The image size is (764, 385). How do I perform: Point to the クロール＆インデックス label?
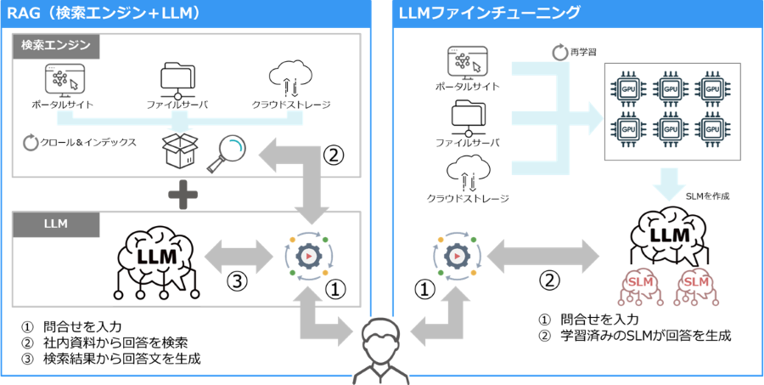[x=81, y=142]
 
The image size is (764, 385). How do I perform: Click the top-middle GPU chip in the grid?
[x=671, y=88]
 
